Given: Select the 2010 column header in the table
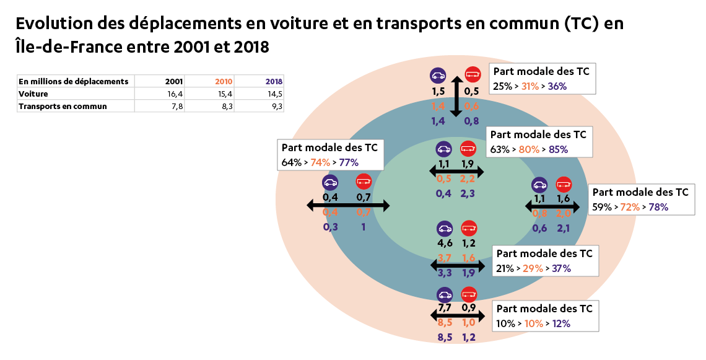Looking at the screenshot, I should click(x=224, y=81).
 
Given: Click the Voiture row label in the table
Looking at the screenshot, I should click(x=33, y=94).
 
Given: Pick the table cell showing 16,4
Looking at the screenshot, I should click(x=174, y=94).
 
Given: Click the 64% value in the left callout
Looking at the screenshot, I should click(x=291, y=162).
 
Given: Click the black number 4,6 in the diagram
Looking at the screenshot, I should click(x=444, y=243).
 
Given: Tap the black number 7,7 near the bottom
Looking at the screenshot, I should click(x=444, y=307).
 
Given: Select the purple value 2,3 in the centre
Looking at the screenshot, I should click(x=468, y=193).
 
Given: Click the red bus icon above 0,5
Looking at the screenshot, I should click(x=473, y=76).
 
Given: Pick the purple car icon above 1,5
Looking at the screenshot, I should click(x=438, y=76).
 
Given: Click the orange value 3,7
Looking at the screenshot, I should click(x=444, y=258).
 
